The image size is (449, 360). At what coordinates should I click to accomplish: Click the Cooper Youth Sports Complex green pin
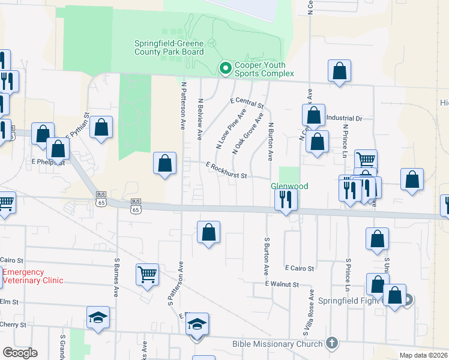(225, 69)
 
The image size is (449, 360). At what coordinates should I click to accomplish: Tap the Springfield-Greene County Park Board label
(169, 48)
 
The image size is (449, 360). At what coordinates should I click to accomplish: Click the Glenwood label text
(289, 187)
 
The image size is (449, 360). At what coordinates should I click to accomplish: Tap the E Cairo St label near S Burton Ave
(300, 268)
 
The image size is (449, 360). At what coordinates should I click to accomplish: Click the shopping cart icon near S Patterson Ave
(147, 274)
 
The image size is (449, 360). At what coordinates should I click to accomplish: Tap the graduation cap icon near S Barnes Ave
(98, 318)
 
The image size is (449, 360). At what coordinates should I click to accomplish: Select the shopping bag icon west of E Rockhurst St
(165, 163)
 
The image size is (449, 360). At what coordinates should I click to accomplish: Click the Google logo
(20, 353)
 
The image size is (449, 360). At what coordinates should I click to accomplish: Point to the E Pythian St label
(77, 127)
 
